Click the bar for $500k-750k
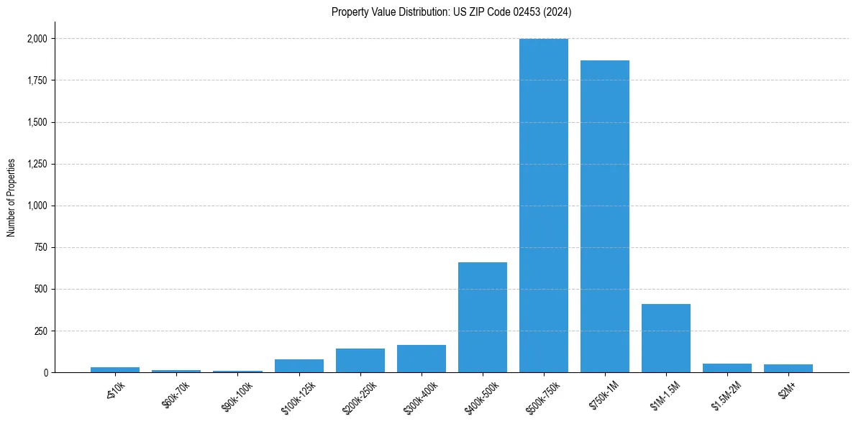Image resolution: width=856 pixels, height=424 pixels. click(544, 206)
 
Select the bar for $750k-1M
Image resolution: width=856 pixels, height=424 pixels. click(605, 216)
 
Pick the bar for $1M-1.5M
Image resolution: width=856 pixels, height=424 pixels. click(666, 338)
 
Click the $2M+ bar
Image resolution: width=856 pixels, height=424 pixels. click(788, 369)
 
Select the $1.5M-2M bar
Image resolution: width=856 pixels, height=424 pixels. click(727, 368)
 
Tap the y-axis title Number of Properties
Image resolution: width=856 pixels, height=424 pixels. click(12, 198)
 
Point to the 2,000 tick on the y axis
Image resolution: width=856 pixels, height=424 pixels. click(37, 39)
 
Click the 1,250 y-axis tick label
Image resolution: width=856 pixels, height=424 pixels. click(37, 164)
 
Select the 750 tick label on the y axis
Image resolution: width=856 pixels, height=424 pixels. click(41, 248)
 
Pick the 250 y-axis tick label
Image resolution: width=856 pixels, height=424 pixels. click(41, 331)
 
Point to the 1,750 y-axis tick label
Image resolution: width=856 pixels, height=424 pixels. click(37, 80)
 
